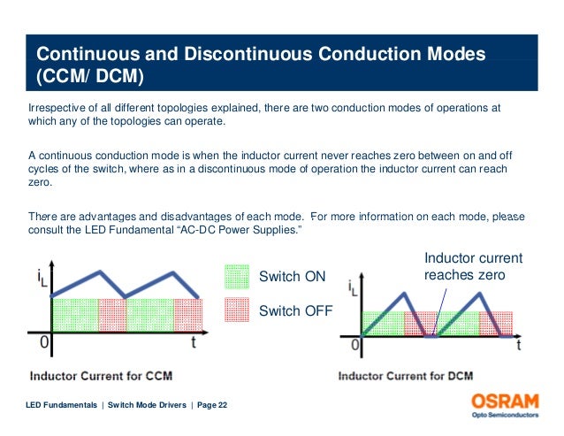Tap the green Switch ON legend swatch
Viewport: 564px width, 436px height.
tap(237, 278)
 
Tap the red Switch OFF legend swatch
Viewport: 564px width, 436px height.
tap(237, 310)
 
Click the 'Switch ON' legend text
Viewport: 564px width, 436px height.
tap(292, 278)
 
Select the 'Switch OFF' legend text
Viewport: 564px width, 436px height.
tap(294, 310)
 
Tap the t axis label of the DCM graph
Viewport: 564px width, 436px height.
tap(518, 347)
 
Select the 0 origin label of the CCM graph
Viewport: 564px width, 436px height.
tap(43, 340)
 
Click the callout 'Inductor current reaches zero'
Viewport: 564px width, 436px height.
tap(473, 266)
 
